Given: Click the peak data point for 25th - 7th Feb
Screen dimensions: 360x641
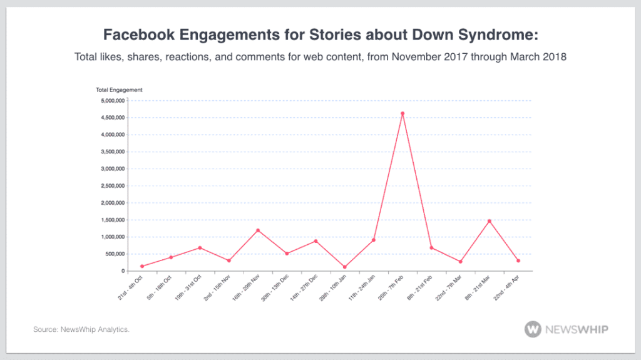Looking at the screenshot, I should (403, 113).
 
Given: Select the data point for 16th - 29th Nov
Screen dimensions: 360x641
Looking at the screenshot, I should (258, 230).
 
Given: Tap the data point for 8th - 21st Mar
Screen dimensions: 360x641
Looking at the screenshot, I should (489, 221).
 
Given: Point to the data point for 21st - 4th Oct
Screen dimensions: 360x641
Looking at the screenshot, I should (142, 266).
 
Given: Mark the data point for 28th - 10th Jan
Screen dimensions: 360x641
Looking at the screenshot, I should (344, 267).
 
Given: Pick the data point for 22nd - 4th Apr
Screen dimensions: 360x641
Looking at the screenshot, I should (518, 260).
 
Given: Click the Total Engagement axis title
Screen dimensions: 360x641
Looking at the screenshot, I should (119, 90).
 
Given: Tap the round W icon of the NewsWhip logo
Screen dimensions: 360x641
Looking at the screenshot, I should (533, 329).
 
